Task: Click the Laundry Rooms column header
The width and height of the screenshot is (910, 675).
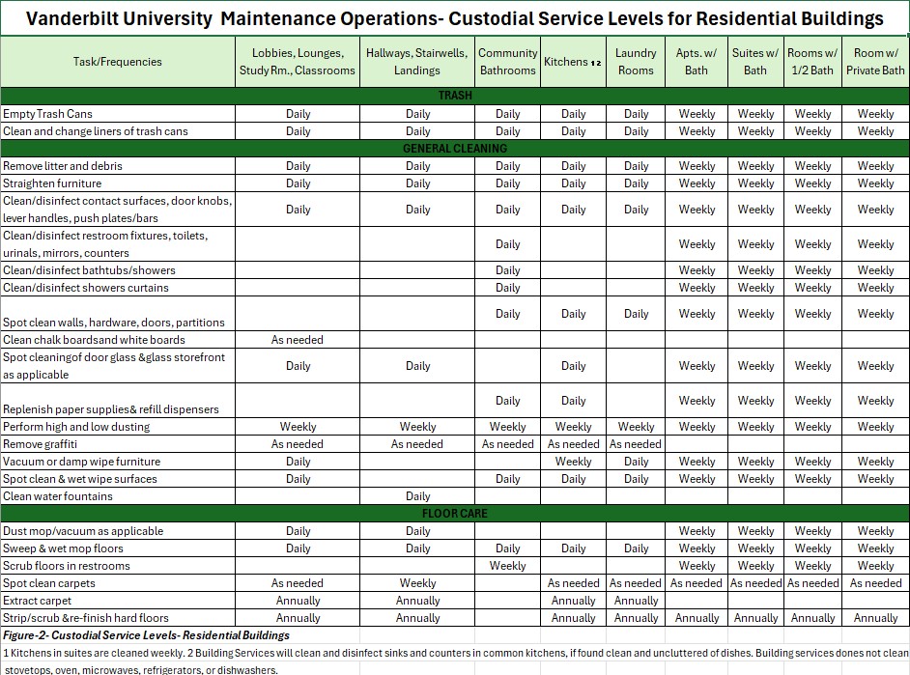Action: [x=636, y=62]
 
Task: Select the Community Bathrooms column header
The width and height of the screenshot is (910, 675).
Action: [x=507, y=62]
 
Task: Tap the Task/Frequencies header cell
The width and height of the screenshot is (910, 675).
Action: [x=118, y=62]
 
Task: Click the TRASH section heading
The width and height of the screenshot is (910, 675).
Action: [x=455, y=96]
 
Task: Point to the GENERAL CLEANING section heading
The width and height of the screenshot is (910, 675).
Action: [x=455, y=149]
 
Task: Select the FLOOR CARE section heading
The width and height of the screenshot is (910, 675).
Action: [x=455, y=514]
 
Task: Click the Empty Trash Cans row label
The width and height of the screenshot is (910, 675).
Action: [x=48, y=114]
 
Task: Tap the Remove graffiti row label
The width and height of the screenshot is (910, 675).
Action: [x=41, y=444]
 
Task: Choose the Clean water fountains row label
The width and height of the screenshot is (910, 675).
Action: [x=58, y=496]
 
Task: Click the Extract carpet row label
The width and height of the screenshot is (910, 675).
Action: [x=38, y=601]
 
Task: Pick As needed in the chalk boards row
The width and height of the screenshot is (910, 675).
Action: [x=298, y=340]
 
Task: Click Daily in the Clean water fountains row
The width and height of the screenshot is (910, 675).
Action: [x=418, y=496]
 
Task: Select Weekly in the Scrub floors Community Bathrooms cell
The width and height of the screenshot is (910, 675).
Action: [x=507, y=566]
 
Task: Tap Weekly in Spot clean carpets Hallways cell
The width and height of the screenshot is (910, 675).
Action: [x=418, y=583]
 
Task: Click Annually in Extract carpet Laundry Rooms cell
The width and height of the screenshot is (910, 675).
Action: [x=636, y=601]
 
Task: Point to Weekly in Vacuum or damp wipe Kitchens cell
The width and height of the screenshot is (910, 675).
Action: [x=574, y=462]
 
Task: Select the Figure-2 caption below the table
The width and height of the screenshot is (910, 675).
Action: [x=146, y=635]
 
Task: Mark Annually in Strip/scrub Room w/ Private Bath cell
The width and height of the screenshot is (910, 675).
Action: [x=875, y=618]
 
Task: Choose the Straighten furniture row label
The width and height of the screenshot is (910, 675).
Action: [x=52, y=183]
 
